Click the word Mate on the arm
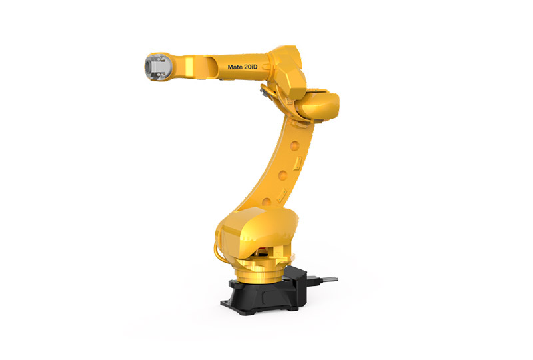(235, 67)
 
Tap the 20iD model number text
(251, 67)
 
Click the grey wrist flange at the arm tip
(155, 67)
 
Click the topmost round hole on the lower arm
(294, 145)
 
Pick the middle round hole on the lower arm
(282, 175)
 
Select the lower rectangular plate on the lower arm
(282, 195)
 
